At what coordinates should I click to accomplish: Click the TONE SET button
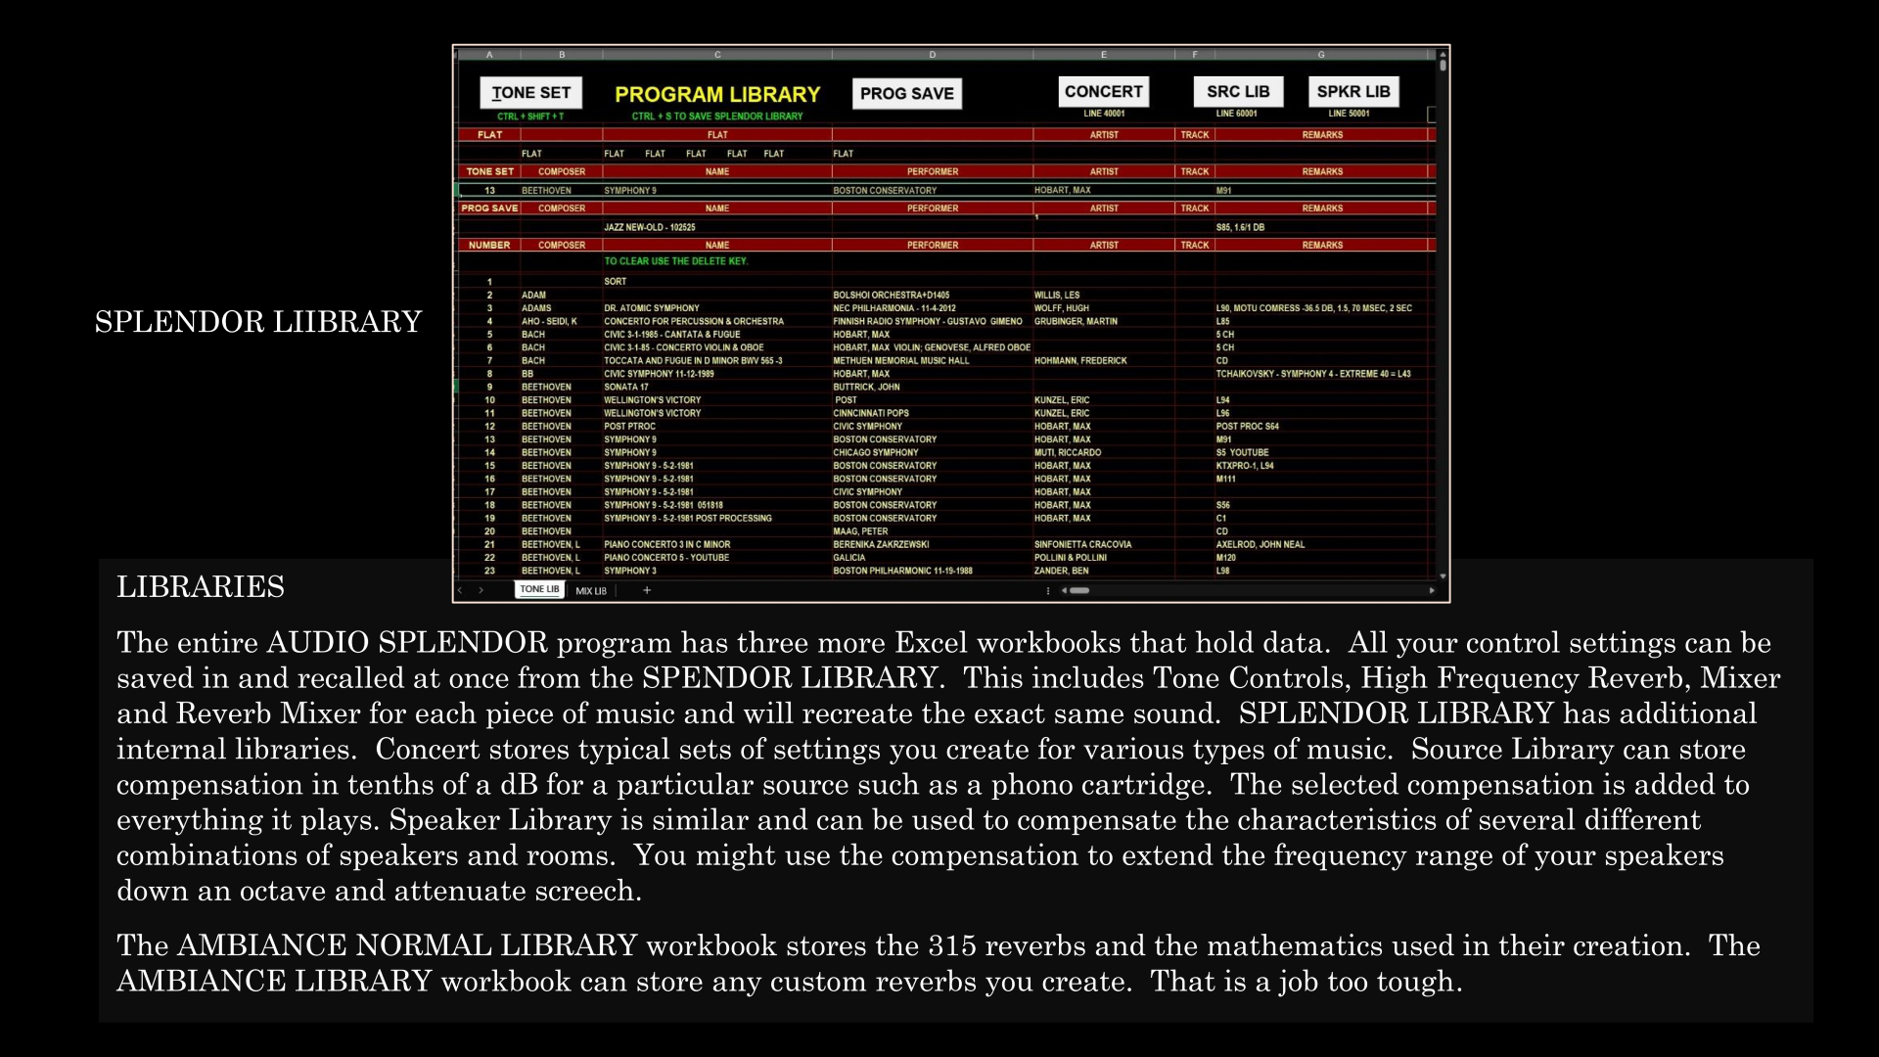click(530, 93)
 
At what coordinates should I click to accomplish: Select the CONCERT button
click(1103, 91)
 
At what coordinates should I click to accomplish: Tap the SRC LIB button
click(1237, 91)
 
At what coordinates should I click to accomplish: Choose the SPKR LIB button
click(1352, 91)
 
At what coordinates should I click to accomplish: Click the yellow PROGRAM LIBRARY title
click(717, 95)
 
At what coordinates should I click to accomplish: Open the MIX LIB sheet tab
click(591, 591)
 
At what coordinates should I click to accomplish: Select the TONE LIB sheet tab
click(539, 589)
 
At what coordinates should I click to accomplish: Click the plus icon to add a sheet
click(647, 590)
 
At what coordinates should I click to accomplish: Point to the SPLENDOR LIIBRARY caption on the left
click(258, 322)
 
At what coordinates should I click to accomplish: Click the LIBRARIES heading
click(201, 586)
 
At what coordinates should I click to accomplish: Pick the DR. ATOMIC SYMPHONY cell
click(652, 308)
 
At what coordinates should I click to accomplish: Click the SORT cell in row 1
click(616, 282)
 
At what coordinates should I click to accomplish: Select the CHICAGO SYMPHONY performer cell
click(876, 453)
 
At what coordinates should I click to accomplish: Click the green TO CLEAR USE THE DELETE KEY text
click(675, 261)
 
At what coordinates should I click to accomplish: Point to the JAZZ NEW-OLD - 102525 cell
click(650, 227)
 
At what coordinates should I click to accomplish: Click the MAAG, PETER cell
click(861, 531)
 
